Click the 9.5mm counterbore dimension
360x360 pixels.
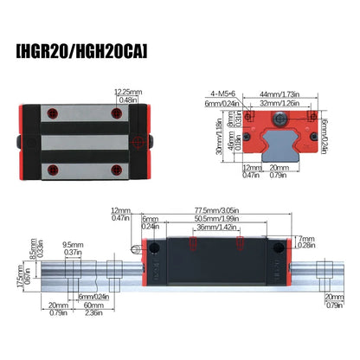pos(74,244)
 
